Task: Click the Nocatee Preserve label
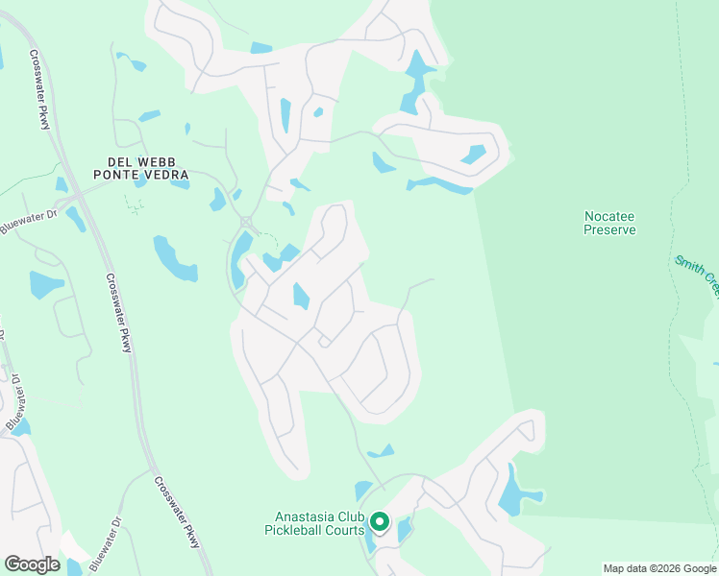point(610,223)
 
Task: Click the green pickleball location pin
point(380,522)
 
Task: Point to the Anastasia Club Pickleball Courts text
point(314,522)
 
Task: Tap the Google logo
point(32,564)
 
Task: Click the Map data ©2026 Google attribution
point(659,568)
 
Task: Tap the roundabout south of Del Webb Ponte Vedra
point(246,222)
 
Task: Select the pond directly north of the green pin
point(363,490)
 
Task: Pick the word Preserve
point(610,229)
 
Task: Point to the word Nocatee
point(610,216)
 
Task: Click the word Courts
point(346,530)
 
